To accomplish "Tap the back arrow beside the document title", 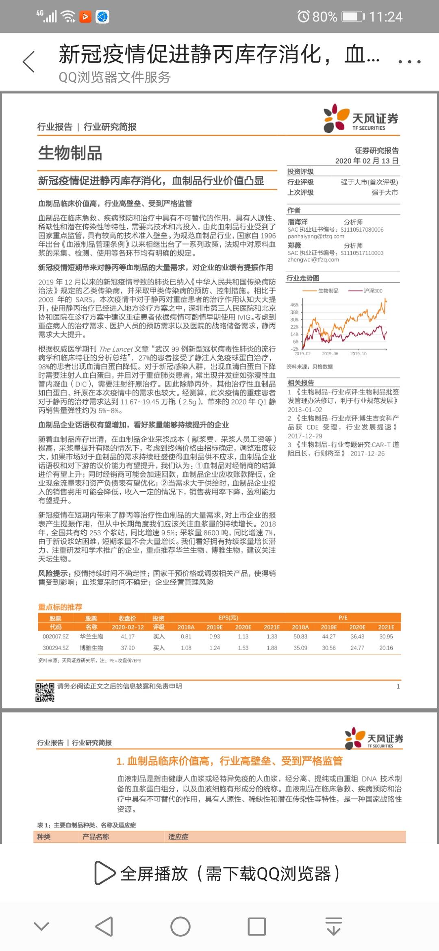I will [x=29, y=62].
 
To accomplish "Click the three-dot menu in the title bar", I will [x=409, y=62].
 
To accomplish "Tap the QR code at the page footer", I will [x=45, y=692].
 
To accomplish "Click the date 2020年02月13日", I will [x=367, y=161].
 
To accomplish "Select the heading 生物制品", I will [x=70, y=153].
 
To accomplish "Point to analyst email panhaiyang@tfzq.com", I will [x=316, y=236].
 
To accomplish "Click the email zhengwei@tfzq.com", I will [x=313, y=260].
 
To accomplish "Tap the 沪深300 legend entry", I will [x=372, y=291].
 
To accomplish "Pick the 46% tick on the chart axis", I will [x=294, y=305].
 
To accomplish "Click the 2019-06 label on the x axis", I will [x=330, y=354].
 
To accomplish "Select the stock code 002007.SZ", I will [x=56, y=636].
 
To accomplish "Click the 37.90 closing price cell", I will [x=128, y=648].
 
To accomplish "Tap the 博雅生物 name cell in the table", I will [x=91, y=648].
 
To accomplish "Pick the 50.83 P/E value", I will [x=300, y=636].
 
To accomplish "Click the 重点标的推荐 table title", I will [x=60, y=607].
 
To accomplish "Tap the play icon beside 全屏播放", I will [x=104, y=873].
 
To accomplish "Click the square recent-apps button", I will [x=256, y=927].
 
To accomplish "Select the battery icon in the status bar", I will [x=353, y=17].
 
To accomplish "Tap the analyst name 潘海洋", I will [x=298, y=222].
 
